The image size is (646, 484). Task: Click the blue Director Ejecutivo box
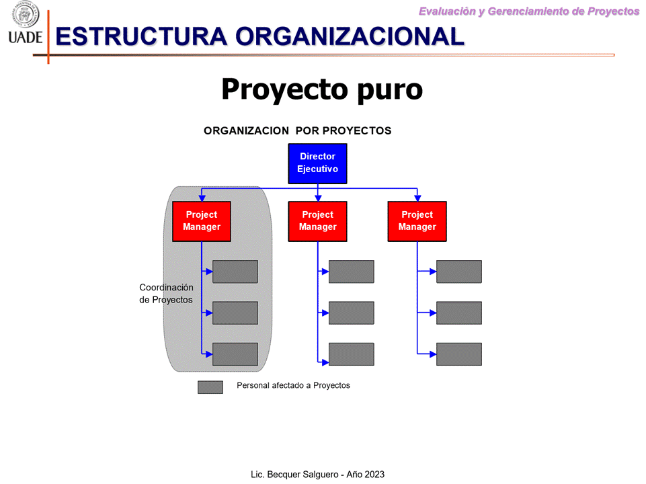(x=317, y=163)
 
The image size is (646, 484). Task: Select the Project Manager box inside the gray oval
(x=202, y=221)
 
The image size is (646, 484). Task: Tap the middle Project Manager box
(x=317, y=221)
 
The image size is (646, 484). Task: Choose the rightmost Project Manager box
(x=417, y=221)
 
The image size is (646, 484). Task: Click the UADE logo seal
(x=25, y=14)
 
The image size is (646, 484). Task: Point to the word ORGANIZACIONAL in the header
(x=350, y=36)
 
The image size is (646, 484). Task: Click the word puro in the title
(x=390, y=89)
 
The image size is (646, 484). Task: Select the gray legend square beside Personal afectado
(x=210, y=387)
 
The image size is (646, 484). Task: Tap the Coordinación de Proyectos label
(x=166, y=293)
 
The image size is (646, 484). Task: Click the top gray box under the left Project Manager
(x=235, y=272)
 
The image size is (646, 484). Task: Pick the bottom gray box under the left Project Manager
(x=235, y=354)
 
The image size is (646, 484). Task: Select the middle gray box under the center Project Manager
(x=352, y=313)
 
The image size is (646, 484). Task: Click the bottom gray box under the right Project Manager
(x=459, y=354)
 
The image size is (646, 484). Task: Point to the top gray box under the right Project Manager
(x=459, y=272)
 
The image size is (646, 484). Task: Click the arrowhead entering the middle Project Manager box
(x=318, y=198)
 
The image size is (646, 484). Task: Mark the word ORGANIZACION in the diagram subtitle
(x=247, y=130)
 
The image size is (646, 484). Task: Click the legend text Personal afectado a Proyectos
(x=293, y=386)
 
